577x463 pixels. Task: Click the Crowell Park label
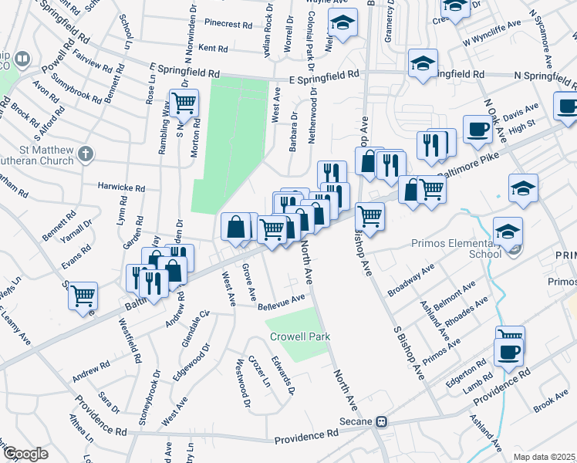[x=300, y=337]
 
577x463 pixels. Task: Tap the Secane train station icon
[x=381, y=422]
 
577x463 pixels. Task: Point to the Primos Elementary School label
[x=470, y=246]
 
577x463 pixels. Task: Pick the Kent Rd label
[x=213, y=49]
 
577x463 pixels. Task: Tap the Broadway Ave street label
[x=411, y=280]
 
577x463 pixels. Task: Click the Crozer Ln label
[x=259, y=371]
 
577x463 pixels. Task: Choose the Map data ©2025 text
[x=545, y=457]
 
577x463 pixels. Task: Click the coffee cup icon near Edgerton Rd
[x=508, y=351]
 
